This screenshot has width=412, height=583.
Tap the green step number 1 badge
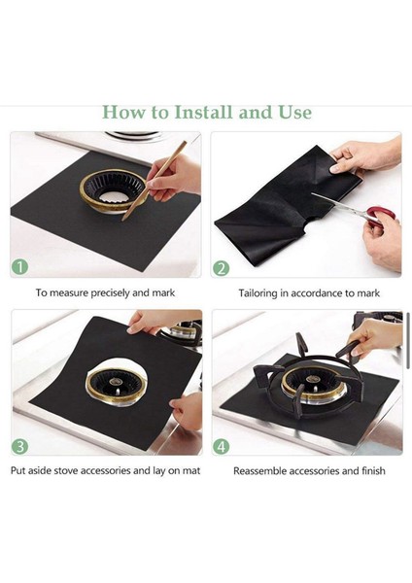coord(19,266)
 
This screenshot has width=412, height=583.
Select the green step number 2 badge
coord(221,268)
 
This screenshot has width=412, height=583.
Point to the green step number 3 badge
coord(19,445)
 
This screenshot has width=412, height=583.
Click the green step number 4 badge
coord(221,446)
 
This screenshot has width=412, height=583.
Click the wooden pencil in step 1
coord(154,181)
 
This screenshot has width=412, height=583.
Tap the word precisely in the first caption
coord(111,293)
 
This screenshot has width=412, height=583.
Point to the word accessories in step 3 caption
coord(106,470)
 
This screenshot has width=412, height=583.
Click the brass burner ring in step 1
coord(113,190)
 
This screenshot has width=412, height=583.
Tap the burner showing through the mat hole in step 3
coord(116,387)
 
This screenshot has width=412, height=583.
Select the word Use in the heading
coord(294,113)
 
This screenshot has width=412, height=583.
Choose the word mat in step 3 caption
coord(191,471)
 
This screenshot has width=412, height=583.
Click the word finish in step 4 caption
coord(373,471)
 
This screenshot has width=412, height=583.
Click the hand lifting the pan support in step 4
coord(373,338)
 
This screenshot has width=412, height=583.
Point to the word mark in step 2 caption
coord(368,293)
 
